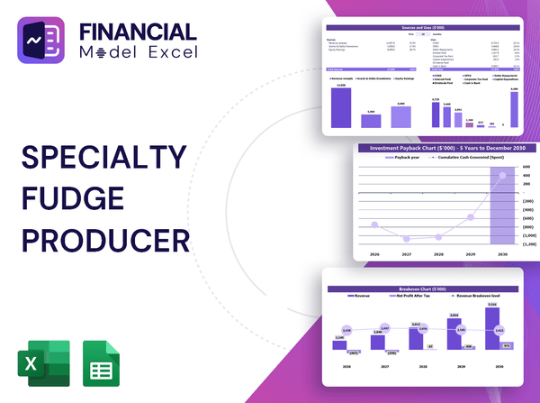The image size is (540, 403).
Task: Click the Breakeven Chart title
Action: (x=423, y=289)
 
